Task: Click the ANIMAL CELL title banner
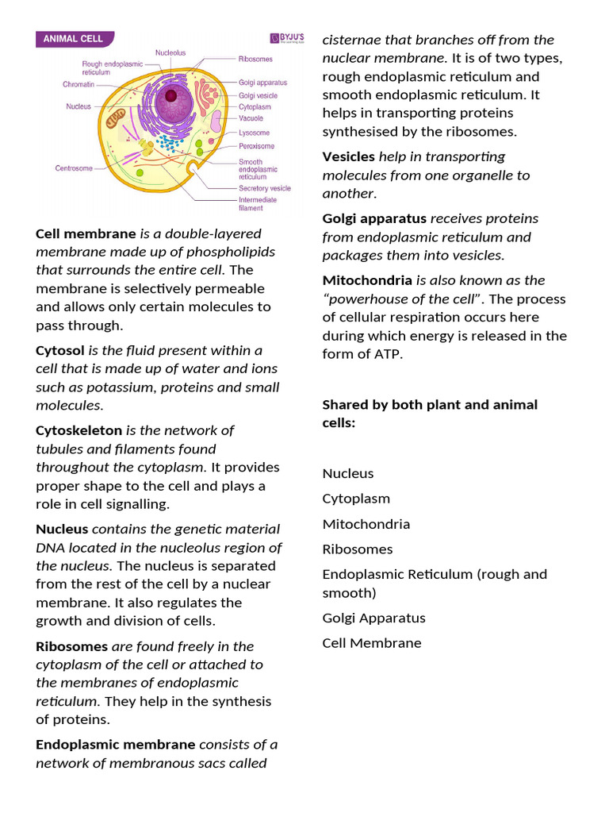click(x=75, y=38)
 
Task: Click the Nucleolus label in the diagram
click(x=170, y=52)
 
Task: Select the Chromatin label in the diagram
click(x=79, y=84)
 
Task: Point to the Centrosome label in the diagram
click(x=74, y=168)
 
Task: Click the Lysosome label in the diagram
click(x=254, y=133)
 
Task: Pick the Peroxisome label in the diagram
click(x=256, y=146)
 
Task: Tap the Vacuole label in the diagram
click(x=251, y=118)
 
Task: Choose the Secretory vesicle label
click(x=264, y=188)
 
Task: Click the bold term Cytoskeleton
click(x=79, y=430)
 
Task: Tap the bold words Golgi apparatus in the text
click(x=373, y=218)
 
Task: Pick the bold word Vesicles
click(x=348, y=156)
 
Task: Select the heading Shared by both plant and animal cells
click(x=429, y=414)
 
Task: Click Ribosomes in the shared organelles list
click(x=357, y=549)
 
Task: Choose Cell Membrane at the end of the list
click(x=371, y=643)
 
